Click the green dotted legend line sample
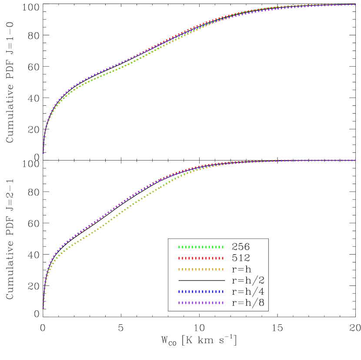pos(201,247)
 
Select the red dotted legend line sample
pos(201,258)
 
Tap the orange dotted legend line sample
pos(201,269)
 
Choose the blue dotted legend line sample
pos(201,291)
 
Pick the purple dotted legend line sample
pos(201,303)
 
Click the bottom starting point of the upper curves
pos(43,153)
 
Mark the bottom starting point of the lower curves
pos(43,309)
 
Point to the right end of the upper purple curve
pos(355,4)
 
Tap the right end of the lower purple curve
pos(355,160)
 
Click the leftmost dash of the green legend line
pos(179,247)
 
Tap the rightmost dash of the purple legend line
pos(223,303)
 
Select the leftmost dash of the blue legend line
pos(179,291)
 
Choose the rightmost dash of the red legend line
pos(223,258)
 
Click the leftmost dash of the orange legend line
pos(179,269)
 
